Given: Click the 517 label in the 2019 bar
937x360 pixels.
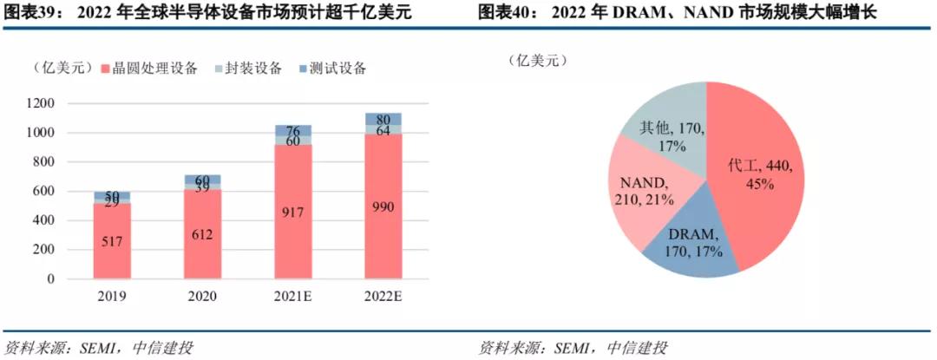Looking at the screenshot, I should (112, 240).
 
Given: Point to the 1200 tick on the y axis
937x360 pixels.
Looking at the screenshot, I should (41, 103).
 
